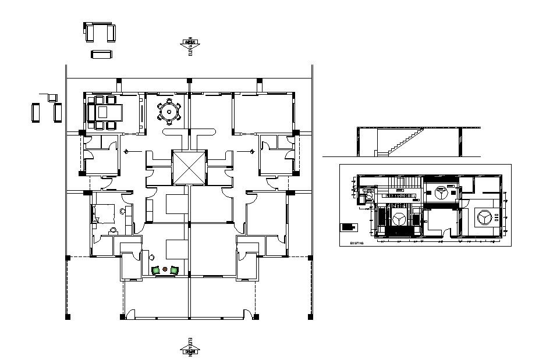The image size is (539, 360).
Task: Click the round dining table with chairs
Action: pyautogui.click(x=169, y=111)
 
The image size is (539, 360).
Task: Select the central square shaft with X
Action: pyautogui.click(x=189, y=168)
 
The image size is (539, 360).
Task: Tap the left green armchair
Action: pyautogui.click(x=156, y=270)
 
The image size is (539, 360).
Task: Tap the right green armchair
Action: pyautogui.click(x=175, y=270)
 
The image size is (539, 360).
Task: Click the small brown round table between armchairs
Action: pyautogui.click(x=165, y=269)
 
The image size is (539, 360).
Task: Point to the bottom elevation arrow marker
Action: pyautogui.click(x=190, y=348)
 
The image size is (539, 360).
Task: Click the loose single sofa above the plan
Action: pyautogui.click(x=101, y=54)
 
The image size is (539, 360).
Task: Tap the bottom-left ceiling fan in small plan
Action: pyautogui.click(x=398, y=219)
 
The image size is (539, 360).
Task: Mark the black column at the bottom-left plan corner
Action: pyautogui.click(x=68, y=316)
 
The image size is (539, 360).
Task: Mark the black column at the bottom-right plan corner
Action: pyautogui.click(x=310, y=316)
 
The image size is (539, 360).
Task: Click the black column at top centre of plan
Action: pyautogui.click(x=189, y=80)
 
